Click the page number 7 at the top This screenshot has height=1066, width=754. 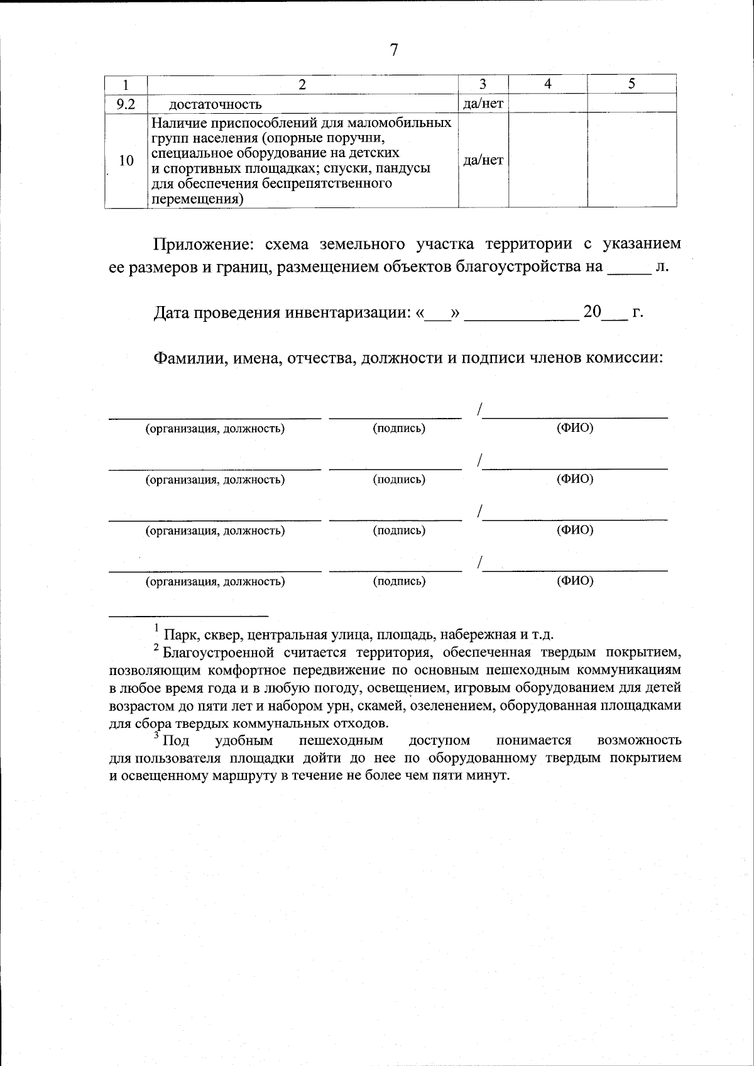394,50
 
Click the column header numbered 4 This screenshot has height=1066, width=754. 548,84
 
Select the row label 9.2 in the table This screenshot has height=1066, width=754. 126,104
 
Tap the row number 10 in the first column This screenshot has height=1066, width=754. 126,161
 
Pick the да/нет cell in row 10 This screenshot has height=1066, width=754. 483,160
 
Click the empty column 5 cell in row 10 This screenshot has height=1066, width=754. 631,160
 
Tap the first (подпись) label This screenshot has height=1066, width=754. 399,429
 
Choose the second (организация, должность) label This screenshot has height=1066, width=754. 216,480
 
